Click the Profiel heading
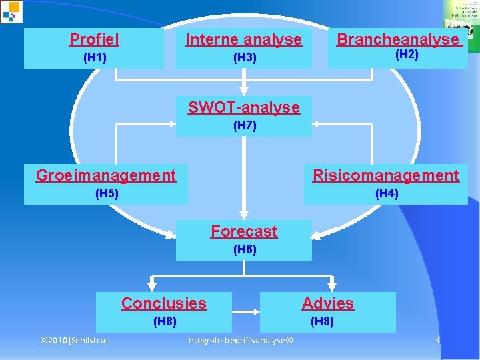(x=94, y=39)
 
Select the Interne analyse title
(x=243, y=39)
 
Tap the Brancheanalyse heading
(x=398, y=39)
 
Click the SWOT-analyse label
(x=243, y=107)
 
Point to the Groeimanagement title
(x=106, y=175)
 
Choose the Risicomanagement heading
(x=386, y=175)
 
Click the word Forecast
(x=243, y=231)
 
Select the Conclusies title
(x=163, y=303)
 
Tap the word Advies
(x=327, y=303)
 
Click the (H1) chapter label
(x=94, y=58)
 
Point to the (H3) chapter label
(x=244, y=58)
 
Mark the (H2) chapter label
(x=407, y=55)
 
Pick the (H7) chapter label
(x=244, y=125)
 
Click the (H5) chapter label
(x=107, y=194)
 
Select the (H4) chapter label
(x=387, y=194)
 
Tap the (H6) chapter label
(x=244, y=250)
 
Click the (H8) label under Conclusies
(x=165, y=322)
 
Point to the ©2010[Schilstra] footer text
(x=75, y=341)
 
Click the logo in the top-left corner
(x=11, y=11)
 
